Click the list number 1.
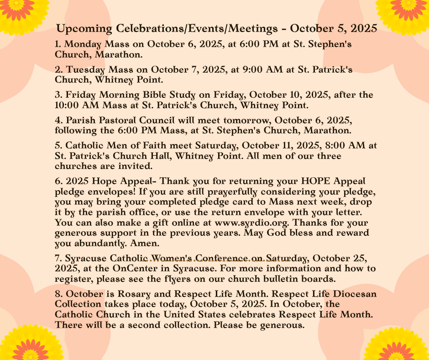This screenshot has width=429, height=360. point(57,44)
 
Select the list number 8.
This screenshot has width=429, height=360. point(58,294)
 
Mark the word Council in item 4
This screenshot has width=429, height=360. point(153,120)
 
